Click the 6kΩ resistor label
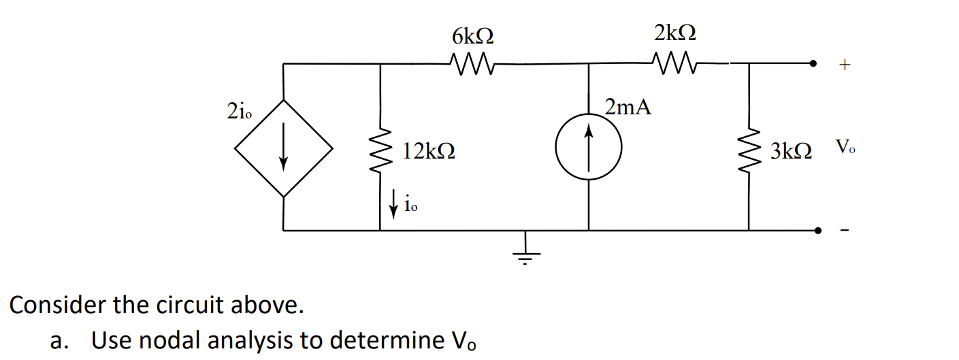(x=472, y=35)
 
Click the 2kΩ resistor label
(x=675, y=32)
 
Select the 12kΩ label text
(x=429, y=151)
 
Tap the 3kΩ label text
(x=791, y=151)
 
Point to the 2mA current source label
(x=628, y=107)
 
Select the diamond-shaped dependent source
(x=284, y=148)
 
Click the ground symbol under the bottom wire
(x=525, y=252)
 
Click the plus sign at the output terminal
(x=845, y=65)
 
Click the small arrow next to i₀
(x=393, y=203)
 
